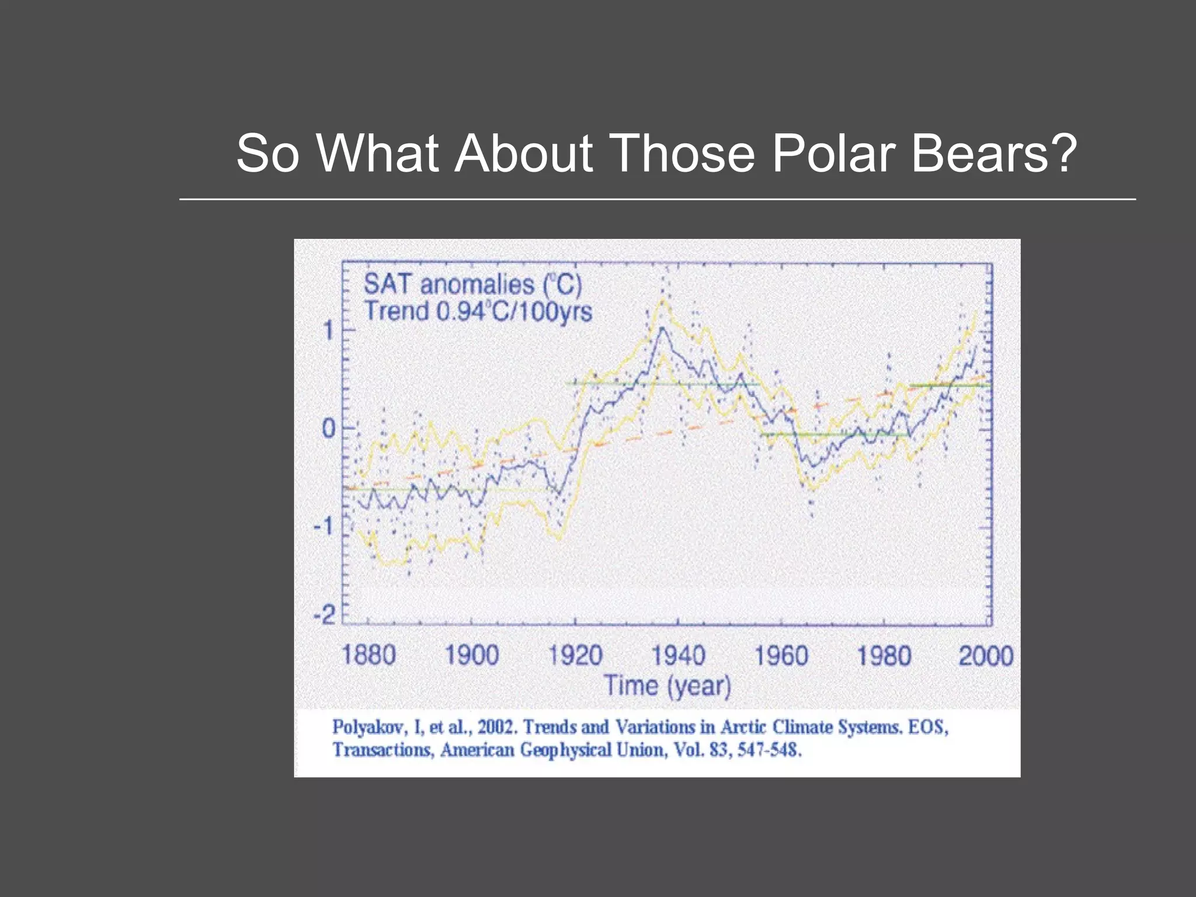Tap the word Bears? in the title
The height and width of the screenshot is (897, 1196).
pyautogui.click(x=993, y=153)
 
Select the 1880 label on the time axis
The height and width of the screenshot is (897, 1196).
pyautogui.click(x=368, y=655)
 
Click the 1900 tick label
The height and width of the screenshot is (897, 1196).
pyautogui.click(x=472, y=655)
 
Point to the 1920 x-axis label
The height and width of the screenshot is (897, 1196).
pyautogui.click(x=575, y=655)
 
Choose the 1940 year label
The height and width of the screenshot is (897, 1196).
pyautogui.click(x=679, y=655)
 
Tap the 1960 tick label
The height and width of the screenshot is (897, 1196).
pyautogui.click(x=781, y=655)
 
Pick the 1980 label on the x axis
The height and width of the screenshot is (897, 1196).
pyautogui.click(x=884, y=655)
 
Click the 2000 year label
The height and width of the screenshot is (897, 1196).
pyautogui.click(x=986, y=655)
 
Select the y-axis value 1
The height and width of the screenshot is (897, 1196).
pyautogui.click(x=329, y=331)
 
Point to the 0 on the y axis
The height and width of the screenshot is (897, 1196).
pyautogui.click(x=329, y=429)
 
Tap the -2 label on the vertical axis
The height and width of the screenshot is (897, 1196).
pyautogui.click(x=325, y=615)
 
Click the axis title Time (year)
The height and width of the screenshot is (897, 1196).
pyautogui.click(x=667, y=686)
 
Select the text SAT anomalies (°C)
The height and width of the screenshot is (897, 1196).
pyautogui.click(x=473, y=284)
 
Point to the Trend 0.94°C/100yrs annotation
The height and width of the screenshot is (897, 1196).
pyautogui.click(x=478, y=311)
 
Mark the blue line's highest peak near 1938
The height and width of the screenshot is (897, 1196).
pyautogui.click(x=662, y=328)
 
